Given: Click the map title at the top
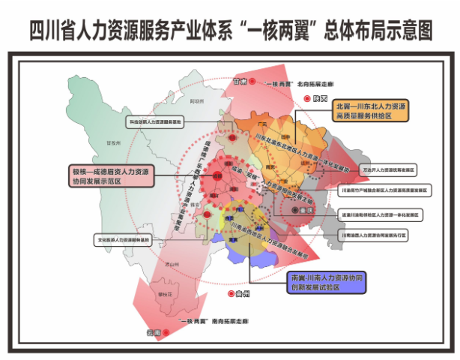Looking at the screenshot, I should pyautogui.click(x=230, y=31).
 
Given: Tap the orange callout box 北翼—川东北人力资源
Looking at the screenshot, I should pyautogui.click(x=372, y=112).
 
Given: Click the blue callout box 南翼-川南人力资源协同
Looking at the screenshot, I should pyautogui.click(x=327, y=282).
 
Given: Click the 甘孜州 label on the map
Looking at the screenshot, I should pyautogui.click(x=114, y=140).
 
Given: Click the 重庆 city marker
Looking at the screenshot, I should pyautogui.click(x=294, y=211).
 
